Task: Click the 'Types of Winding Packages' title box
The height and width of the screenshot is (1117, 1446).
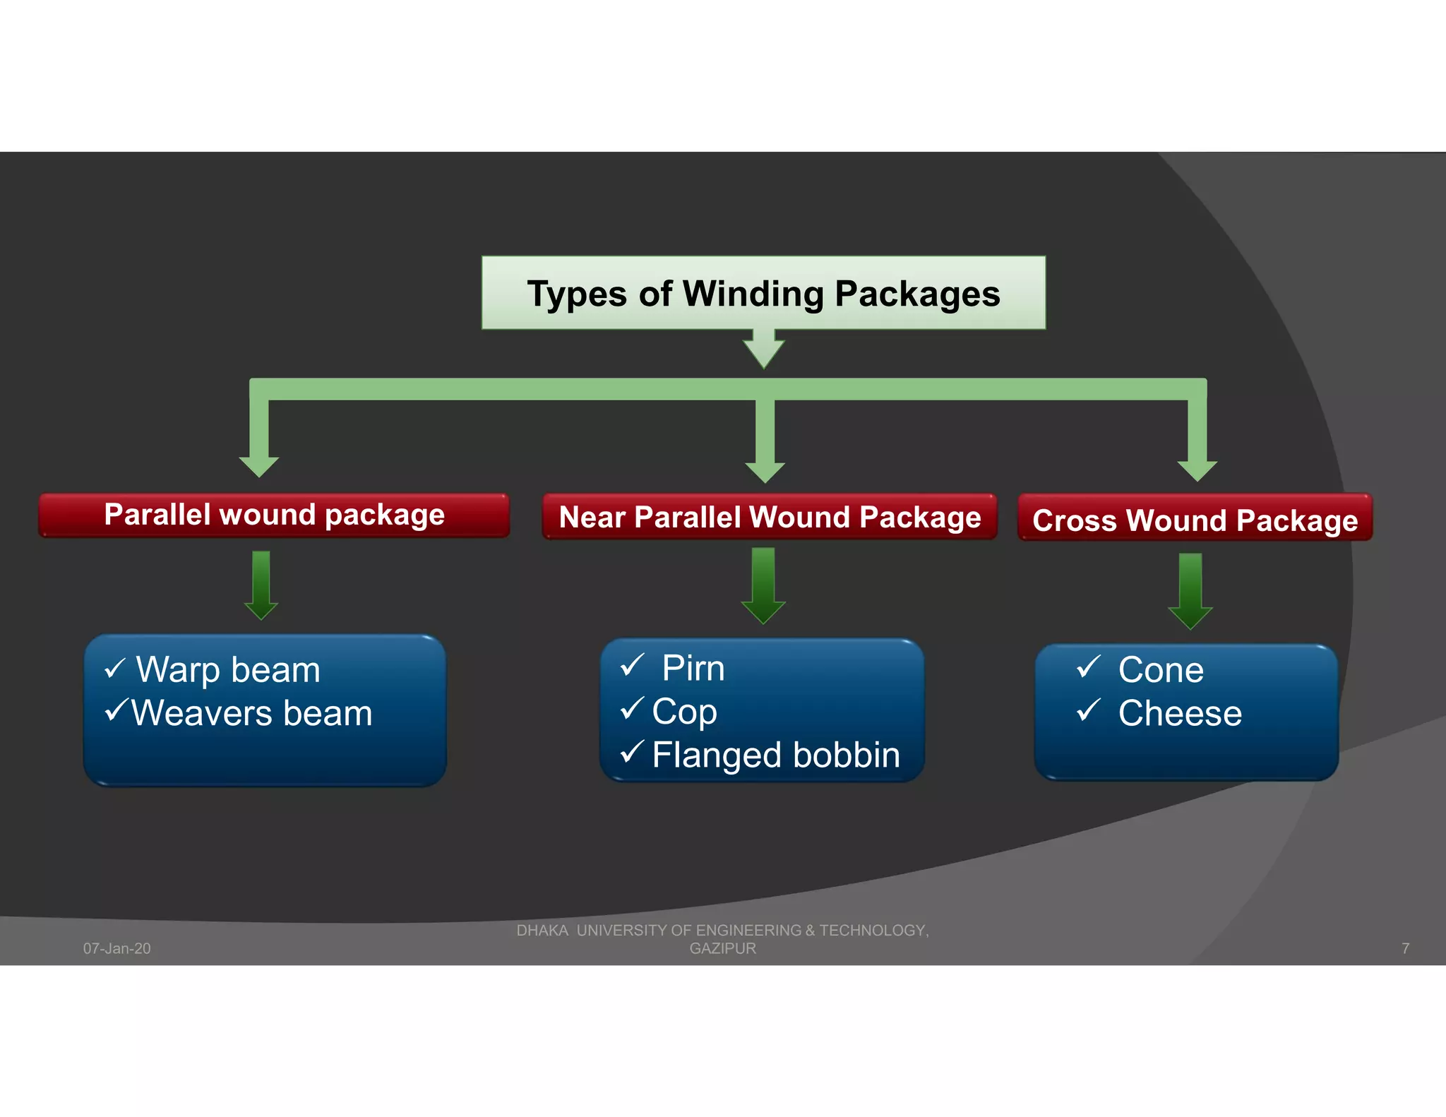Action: tap(763, 293)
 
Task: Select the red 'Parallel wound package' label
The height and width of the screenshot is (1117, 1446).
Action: tap(274, 515)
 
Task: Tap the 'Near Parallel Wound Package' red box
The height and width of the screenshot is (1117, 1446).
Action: tap(770, 518)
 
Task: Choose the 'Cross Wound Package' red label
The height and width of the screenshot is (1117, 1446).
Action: tap(1195, 520)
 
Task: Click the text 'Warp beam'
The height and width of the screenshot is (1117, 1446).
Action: tap(228, 669)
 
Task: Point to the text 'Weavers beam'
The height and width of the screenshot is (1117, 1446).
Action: tap(252, 713)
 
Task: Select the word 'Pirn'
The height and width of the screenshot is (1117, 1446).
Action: tap(693, 668)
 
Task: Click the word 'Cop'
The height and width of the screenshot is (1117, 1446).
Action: tap(684, 711)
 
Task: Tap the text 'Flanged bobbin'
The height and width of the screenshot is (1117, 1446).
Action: tap(776, 755)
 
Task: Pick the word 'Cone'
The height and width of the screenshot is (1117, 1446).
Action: tap(1161, 669)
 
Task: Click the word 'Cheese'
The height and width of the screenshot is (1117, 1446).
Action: tap(1180, 713)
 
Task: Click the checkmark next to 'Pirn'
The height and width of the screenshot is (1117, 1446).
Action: tap(632, 664)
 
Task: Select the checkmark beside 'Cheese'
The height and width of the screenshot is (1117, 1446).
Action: tap(1089, 709)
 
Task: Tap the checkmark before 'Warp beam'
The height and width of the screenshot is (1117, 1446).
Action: tap(114, 668)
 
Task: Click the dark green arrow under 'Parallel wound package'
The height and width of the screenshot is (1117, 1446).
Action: tap(261, 585)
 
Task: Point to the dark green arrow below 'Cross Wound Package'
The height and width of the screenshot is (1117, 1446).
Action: tap(1190, 590)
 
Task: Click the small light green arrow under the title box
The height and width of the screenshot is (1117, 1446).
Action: tap(763, 349)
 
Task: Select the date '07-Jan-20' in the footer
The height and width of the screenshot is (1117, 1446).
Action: tap(117, 948)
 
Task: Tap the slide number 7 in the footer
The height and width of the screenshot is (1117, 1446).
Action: tap(1405, 948)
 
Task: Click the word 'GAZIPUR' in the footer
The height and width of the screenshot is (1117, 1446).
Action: tap(722, 948)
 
